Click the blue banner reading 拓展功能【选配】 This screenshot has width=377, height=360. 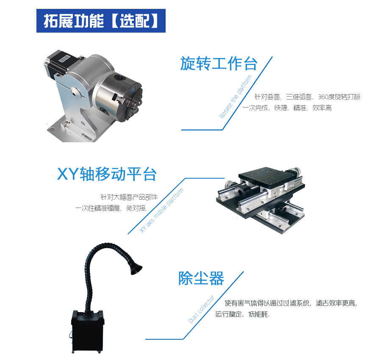[x=101, y=20]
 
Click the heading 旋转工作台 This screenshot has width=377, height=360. [x=219, y=64]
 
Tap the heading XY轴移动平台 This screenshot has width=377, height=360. [x=107, y=174]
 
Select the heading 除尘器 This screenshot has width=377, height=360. [x=201, y=279]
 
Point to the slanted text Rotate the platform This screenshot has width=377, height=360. [x=236, y=97]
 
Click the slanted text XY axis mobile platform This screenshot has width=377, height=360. [x=162, y=210]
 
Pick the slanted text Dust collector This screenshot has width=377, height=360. [x=201, y=309]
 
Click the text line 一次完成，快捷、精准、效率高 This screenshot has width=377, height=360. [x=287, y=108]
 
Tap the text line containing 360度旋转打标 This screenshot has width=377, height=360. [x=308, y=97]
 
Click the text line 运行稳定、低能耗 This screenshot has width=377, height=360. [x=242, y=314]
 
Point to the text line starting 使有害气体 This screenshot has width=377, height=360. [x=291, y=303]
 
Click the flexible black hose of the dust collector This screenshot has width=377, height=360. [x=91, y=271]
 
